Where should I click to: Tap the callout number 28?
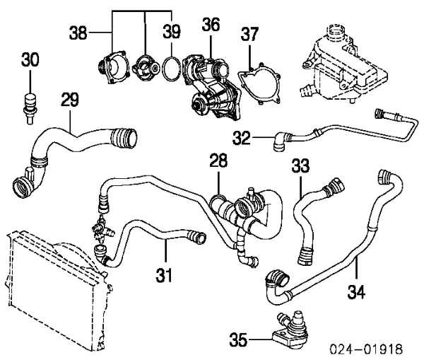(218, 165)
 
